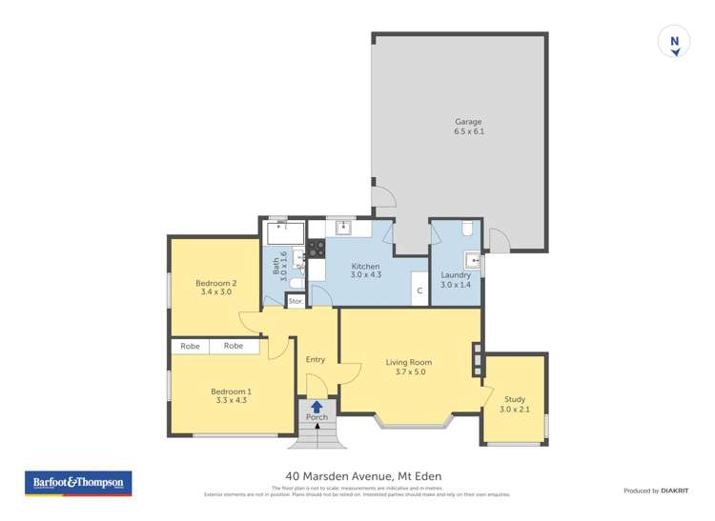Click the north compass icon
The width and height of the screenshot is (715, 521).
(675, 42)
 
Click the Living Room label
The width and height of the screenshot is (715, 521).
(409, 367)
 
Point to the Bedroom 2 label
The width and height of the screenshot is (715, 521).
(215, 287)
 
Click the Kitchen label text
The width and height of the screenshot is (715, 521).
(365, 271)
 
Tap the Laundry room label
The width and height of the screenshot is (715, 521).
(456, 280)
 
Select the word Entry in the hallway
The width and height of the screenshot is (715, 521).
(316, 359)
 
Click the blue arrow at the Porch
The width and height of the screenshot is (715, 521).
(316, 407)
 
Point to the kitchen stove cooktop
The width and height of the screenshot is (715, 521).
(314, 250)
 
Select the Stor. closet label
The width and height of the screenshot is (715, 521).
(296, 301)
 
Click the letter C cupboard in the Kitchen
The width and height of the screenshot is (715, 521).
(418, 291)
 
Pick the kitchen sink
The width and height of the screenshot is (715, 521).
(340, 228)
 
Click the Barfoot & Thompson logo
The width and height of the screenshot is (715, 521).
(78, 483)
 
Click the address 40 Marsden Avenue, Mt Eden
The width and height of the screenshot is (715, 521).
(363, 476)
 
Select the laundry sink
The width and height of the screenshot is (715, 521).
(472, 259)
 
